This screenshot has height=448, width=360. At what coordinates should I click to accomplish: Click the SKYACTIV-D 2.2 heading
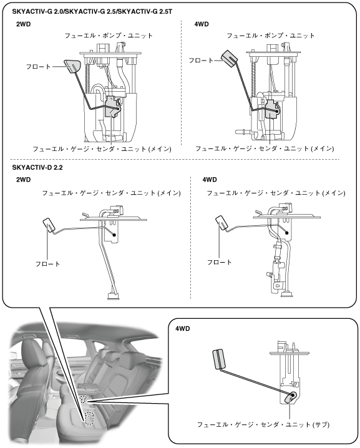point(37,167)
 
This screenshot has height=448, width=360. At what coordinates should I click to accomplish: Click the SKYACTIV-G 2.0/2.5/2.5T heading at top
point(92,12)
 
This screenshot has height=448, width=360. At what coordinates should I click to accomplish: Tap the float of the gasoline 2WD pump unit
point(73,67)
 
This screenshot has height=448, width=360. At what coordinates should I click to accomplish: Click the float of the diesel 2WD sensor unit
point(50,226)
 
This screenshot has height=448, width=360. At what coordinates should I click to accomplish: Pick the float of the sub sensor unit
point(220,359)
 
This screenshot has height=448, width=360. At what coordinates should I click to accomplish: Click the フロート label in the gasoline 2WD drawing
point(38,67)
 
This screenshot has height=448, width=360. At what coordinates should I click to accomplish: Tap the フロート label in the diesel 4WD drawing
point(219,262)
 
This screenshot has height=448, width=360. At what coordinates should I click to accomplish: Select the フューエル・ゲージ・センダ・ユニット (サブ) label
point(263,424)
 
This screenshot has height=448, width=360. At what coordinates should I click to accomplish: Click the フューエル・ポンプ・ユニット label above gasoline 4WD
point(271,36)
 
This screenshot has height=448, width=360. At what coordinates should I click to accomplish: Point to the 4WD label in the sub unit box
point(183,329)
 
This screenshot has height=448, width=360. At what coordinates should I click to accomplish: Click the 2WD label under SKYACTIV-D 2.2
point(24,180)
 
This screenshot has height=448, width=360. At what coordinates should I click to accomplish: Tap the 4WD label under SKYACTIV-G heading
point(202,24)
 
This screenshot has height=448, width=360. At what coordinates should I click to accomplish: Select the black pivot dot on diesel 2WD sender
point(114,235)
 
